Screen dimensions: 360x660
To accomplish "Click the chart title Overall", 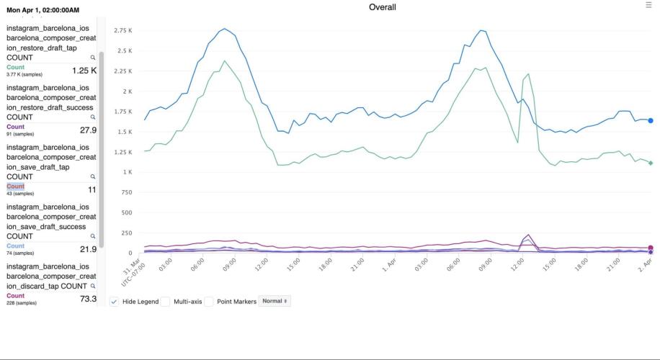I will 382,7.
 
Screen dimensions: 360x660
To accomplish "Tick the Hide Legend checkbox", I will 115,302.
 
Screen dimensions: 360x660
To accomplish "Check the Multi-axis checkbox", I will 165,302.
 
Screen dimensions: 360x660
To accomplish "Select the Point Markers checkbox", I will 208,302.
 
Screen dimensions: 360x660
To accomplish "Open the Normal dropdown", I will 275,301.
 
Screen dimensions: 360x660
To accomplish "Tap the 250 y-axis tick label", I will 126,233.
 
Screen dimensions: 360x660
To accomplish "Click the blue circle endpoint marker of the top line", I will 650,121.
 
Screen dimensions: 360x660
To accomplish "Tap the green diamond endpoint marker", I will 650,163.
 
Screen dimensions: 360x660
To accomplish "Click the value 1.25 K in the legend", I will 84,71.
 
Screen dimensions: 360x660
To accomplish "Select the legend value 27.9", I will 88,130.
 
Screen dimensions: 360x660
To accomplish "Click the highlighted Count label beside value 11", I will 15,186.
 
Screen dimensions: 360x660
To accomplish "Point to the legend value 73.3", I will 88,299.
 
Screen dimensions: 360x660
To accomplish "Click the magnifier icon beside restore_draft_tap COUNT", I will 92,58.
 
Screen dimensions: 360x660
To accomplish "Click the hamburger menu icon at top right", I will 648,5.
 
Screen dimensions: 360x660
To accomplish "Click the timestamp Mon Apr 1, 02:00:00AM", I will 43,10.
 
